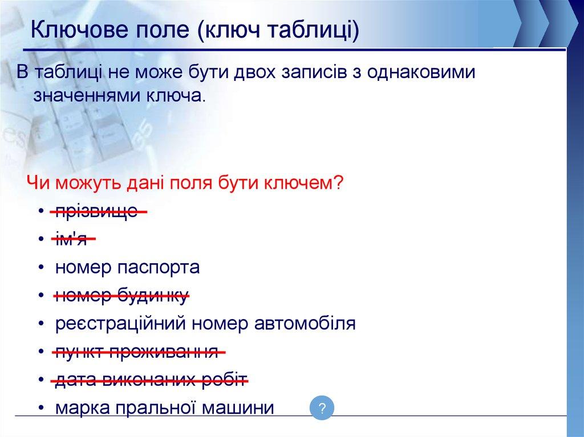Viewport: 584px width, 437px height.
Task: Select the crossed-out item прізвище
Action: pos(96,211)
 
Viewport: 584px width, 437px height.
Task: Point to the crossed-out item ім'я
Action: pos(71,239)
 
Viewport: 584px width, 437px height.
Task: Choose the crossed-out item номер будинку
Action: pos(121,296)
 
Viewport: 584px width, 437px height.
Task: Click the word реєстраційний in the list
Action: pos(120,324)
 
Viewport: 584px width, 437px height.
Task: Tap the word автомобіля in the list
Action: pos(305,323)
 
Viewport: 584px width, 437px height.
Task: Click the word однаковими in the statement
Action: pos(421,72)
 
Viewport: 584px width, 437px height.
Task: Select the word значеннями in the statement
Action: pos(87,96)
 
